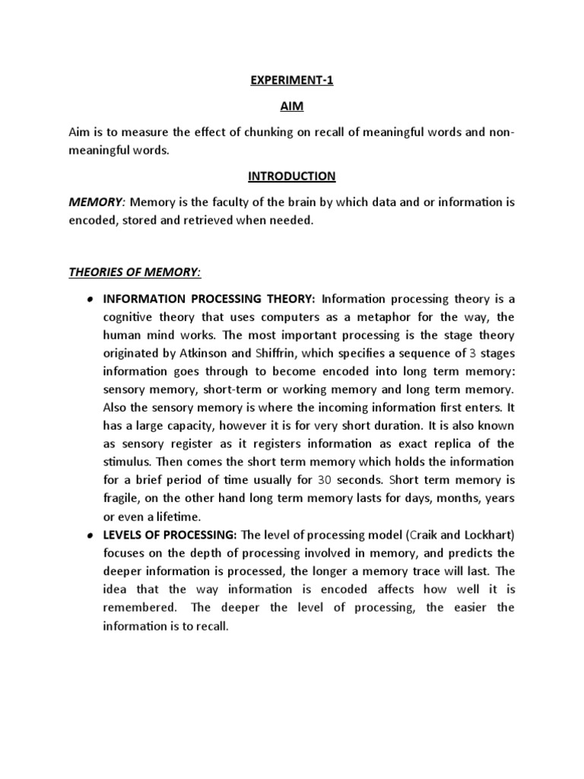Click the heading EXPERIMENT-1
coord(292,82)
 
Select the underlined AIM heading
coord(292,107)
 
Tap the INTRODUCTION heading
coord(292,176)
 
